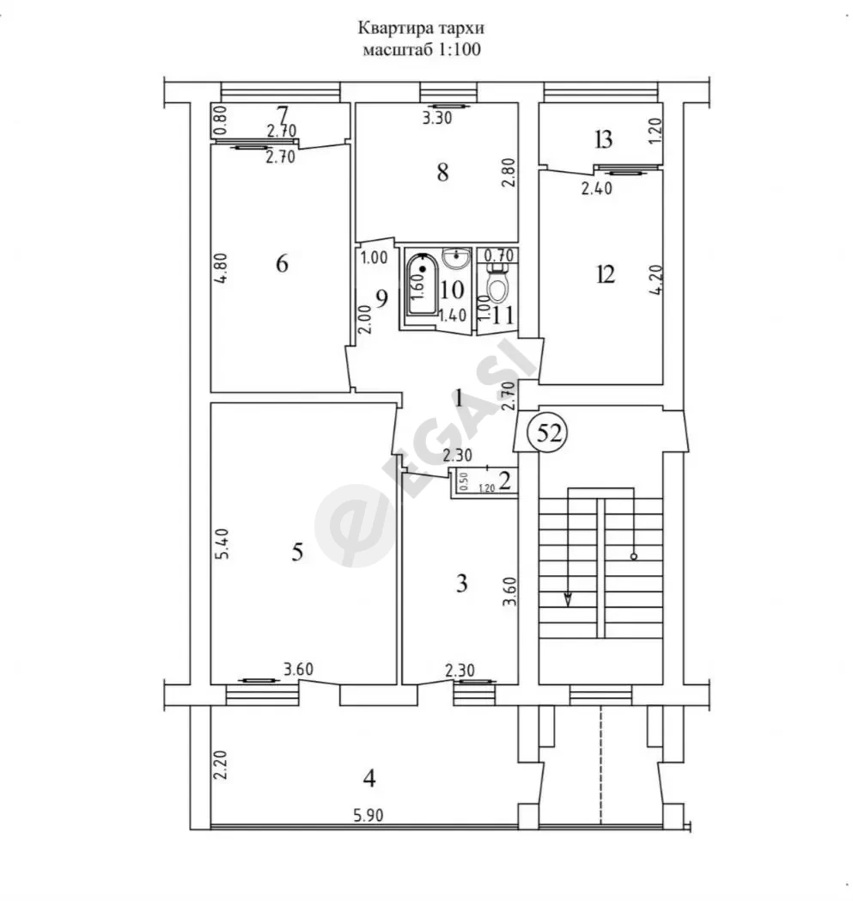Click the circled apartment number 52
click(549, 432)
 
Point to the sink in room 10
click(457, 258)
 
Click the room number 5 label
click(296, 552)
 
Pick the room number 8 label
click(442, 172)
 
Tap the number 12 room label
click(606, 274)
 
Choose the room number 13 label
click(603, 139)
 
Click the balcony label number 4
click(369, 779)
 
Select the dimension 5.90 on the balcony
click(368, 815)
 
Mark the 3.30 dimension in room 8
click(437, 119)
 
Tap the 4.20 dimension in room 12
click(657, 279)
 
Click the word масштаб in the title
click(398, 49)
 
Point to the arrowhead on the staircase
click(569, 599)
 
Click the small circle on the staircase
click(634, 556)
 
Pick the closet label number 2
click(505, 481)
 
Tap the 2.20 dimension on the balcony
click(222, 765)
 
